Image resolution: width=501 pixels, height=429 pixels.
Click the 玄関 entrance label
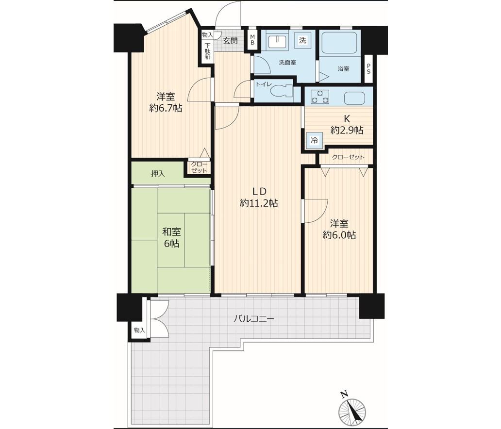click(x=230, y=41)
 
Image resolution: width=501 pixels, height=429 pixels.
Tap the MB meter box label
click(x=252, y=40)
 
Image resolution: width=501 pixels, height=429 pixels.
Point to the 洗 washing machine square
click(x=302, y=40)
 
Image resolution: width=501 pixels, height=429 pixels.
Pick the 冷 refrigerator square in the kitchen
click(x=315, y=140)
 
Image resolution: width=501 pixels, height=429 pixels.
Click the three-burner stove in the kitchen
click(x=320, y=97)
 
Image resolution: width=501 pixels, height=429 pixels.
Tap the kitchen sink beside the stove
click(x=355, y=98)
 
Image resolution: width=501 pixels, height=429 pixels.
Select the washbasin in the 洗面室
click(x=277, y=41)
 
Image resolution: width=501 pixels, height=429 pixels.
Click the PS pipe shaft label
click(x=368, y=69)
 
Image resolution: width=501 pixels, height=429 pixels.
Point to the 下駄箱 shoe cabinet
click(x=208, y=51)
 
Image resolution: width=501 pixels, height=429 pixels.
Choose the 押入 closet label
click(x=158, y=174)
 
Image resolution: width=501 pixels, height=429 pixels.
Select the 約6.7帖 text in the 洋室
click(x=166, y=108)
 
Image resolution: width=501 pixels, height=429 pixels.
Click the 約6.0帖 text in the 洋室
click(x=339, y=235)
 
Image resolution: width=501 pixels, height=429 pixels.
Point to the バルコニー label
click(x=254, y=319)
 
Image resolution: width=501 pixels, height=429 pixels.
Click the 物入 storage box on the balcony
click(x=139, y=330)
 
